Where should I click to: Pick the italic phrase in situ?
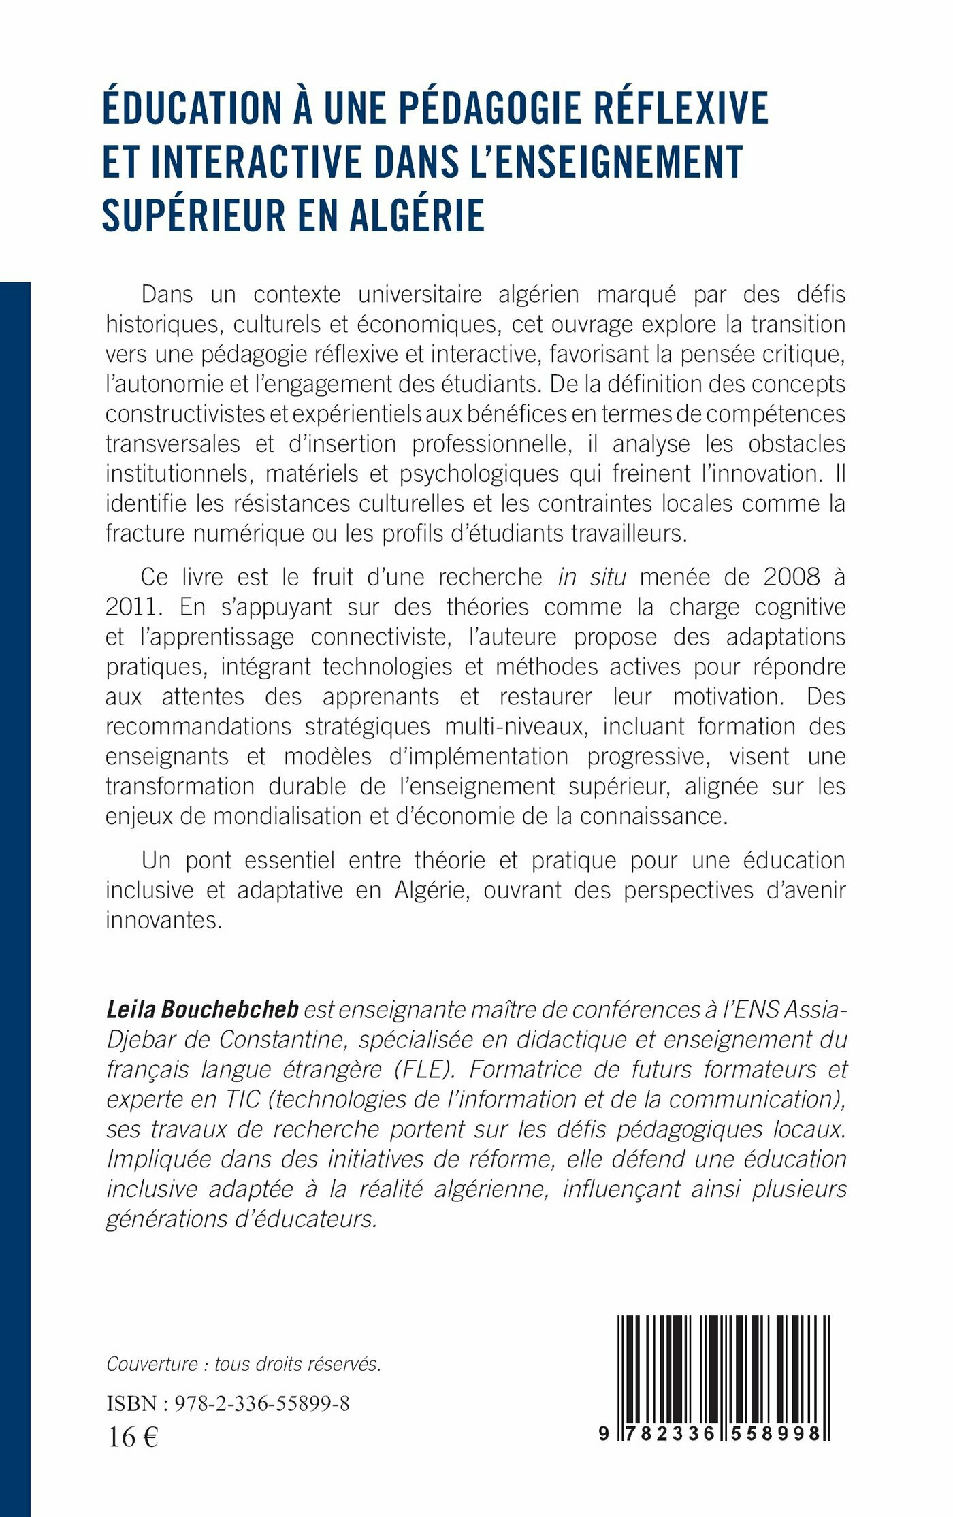(592, 577)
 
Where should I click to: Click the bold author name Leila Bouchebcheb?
(202, 1010)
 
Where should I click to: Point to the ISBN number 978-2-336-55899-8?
(262, 1403)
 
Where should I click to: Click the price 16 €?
(133, 1437)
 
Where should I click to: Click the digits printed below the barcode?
(711, 1434)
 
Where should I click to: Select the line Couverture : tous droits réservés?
(244, 1364)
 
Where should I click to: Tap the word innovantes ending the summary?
(163, 920)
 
